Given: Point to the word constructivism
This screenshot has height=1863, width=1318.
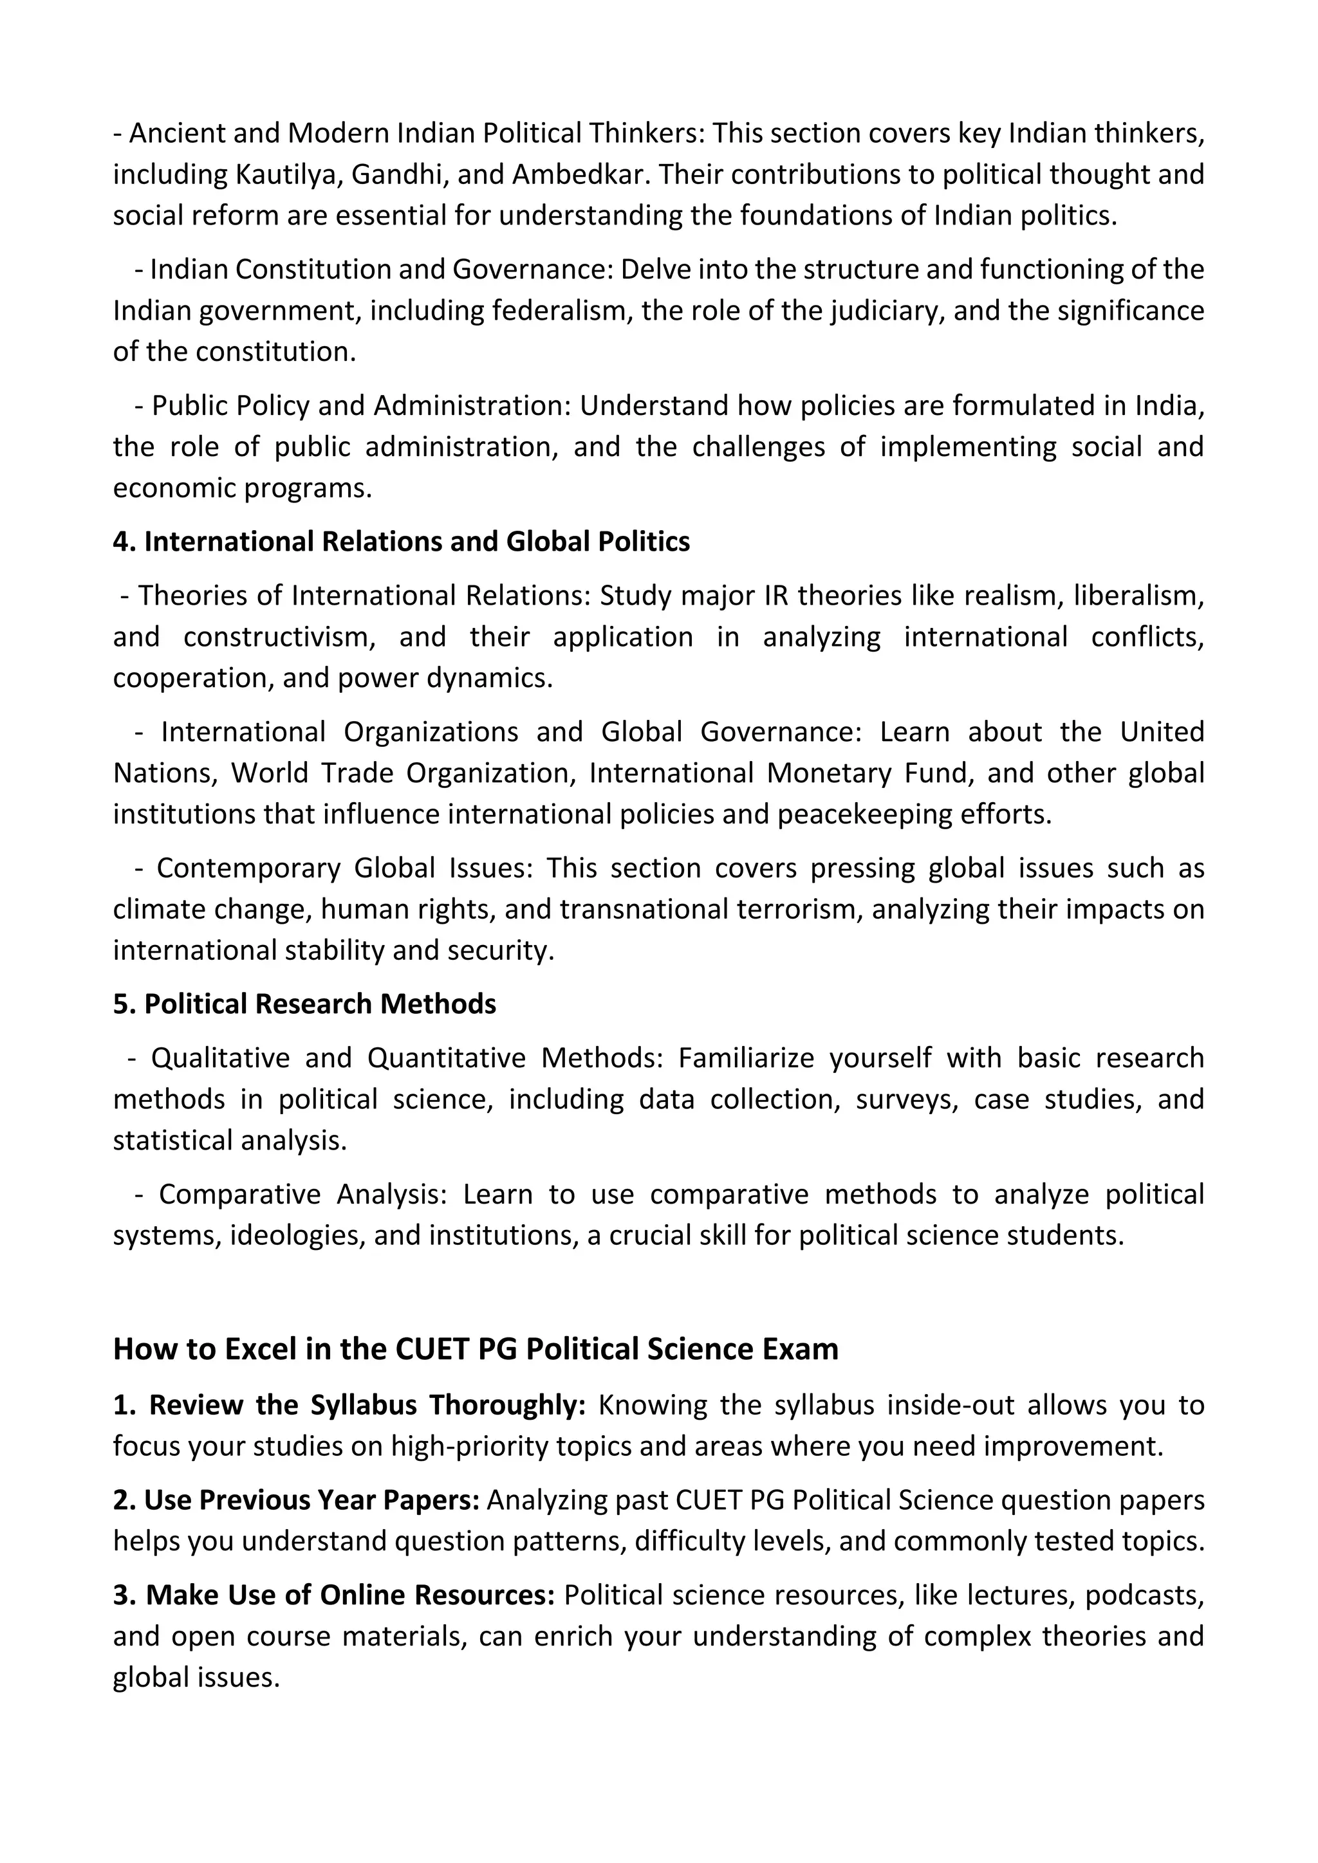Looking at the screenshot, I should [x=279, y=637].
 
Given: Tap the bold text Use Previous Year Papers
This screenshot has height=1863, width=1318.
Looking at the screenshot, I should [x=313, y=1500].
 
